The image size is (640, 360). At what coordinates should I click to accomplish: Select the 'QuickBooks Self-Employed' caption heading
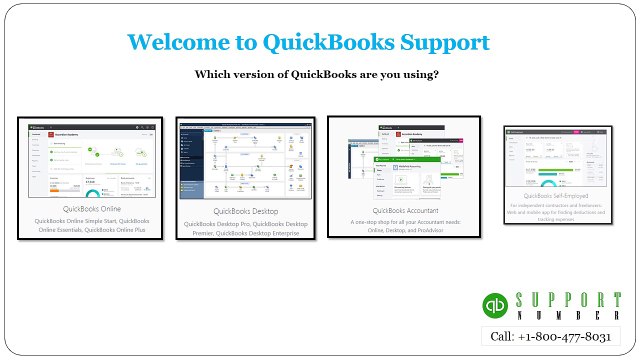click(555, 198)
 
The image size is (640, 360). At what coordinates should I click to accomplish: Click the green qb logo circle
click(495, 305)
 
